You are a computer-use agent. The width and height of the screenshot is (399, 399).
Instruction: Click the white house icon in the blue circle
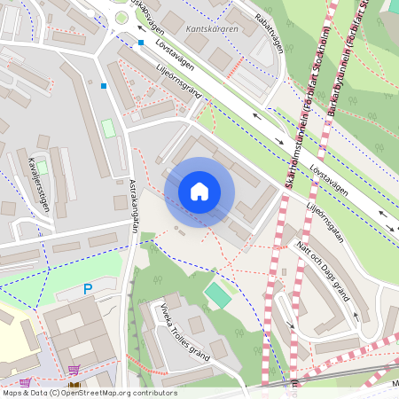pos(199,192)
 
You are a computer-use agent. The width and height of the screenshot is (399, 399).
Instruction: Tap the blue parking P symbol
pos(87,289)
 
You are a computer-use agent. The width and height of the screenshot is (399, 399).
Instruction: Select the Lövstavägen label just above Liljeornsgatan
pos(329,179)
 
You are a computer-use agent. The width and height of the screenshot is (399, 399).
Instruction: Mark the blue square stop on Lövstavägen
pos(140,42)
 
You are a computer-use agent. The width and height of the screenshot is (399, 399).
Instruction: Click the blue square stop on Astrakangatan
pos(104,86)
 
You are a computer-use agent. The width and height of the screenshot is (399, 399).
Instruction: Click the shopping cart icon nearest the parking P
pos(74,370)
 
